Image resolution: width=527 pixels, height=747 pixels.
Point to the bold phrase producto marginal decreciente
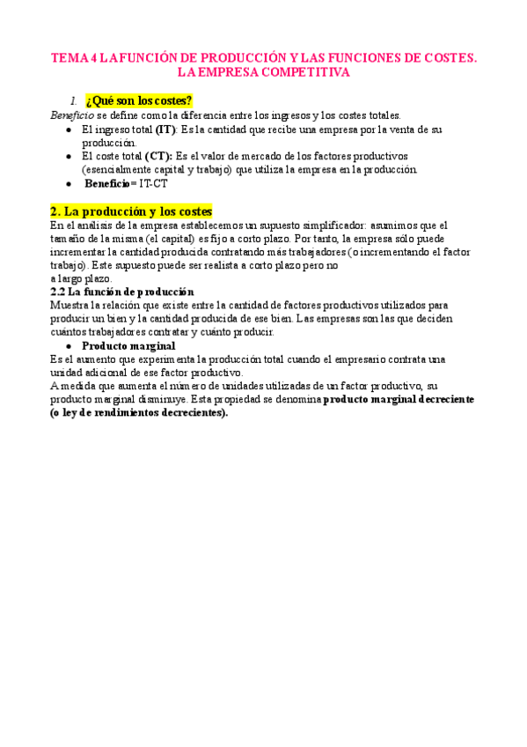tap(399, 399)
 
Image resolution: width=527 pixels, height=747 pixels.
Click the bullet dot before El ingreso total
tap(70, 129)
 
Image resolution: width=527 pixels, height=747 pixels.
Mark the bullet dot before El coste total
tap(70, 156)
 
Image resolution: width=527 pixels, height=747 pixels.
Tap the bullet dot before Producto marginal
tap(70, 345)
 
